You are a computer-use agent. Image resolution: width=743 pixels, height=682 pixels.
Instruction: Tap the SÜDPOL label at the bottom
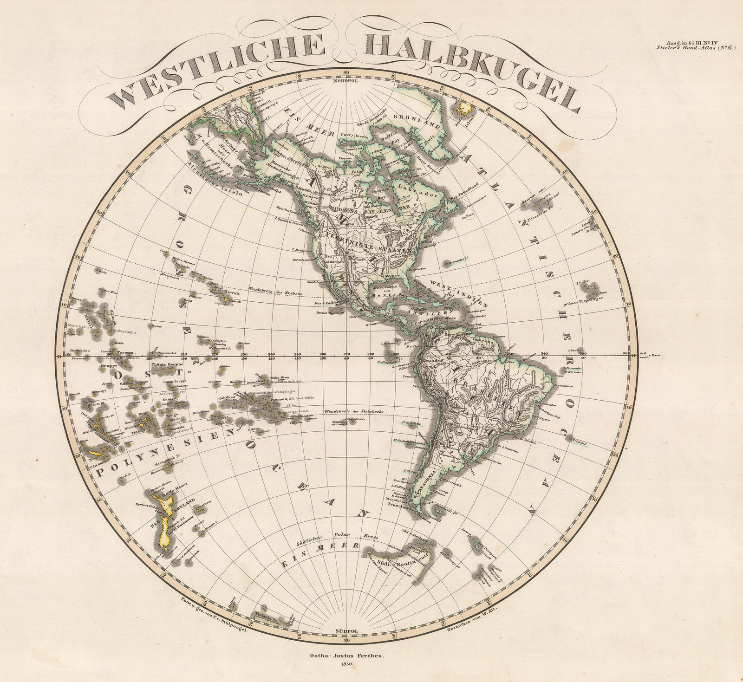(x=346, y=632)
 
